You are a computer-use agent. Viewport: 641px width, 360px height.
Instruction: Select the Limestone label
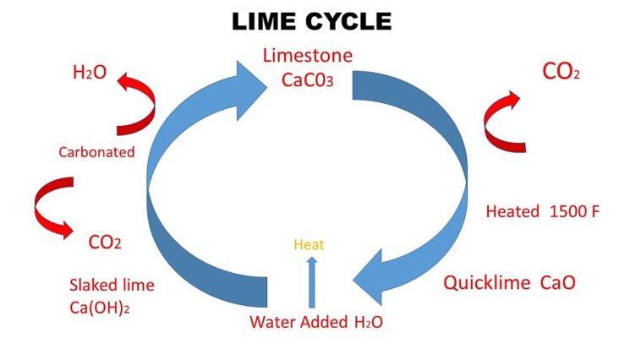point(307,57)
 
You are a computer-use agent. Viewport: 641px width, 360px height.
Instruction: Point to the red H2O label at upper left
point(90,73)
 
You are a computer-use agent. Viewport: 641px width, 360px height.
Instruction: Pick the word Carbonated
point(96,152)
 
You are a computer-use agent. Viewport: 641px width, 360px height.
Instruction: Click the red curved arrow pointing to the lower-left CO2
point(51,208)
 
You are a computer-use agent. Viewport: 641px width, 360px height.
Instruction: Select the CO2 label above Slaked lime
point(106,243)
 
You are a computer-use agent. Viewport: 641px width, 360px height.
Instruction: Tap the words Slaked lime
point(112,285)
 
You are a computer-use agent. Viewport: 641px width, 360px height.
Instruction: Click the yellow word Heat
point(309,245)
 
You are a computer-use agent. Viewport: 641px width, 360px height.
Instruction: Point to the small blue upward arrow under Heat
point(312,281)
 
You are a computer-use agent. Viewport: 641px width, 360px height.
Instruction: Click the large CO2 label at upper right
point(561,73)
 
